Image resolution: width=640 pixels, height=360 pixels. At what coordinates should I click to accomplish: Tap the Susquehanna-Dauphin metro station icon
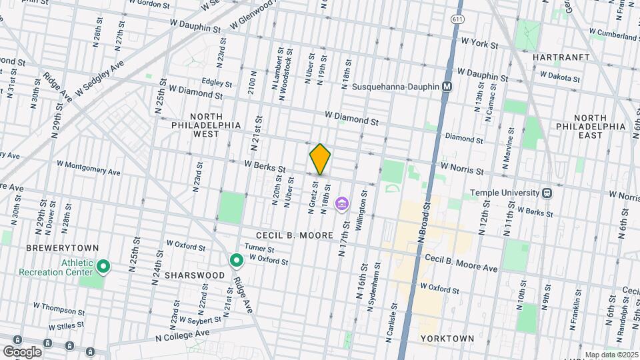coord(448,87)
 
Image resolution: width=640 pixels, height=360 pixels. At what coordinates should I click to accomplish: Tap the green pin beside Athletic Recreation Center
coord(103,267)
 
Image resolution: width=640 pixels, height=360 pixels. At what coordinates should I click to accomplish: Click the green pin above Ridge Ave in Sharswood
coord(235,261)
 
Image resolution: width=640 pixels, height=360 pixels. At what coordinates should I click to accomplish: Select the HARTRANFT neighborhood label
coord(561,58)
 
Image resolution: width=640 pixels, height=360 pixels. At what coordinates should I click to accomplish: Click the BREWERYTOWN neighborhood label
coord(53,248)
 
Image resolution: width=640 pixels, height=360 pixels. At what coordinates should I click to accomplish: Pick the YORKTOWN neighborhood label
coord(447,339)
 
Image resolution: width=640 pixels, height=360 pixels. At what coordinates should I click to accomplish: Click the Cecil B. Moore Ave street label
coord(461,263)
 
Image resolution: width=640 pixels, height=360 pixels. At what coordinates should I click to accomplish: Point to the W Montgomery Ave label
coord(89,167)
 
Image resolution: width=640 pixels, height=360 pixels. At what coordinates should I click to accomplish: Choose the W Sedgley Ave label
coord(100,78)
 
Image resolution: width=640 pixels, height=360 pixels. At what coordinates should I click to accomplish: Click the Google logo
coord(22,351)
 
